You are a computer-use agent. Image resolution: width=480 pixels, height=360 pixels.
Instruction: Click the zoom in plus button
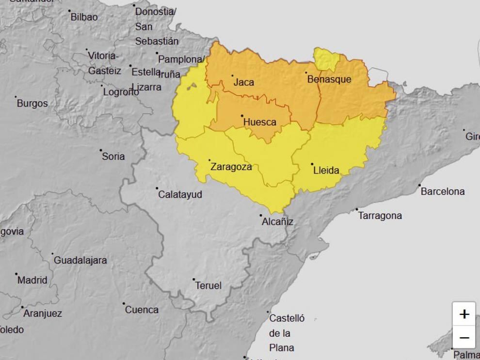pyautogui.click(x=464, y=314)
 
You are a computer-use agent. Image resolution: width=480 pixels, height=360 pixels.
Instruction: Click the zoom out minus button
pyautogui.click(x=464, y=338)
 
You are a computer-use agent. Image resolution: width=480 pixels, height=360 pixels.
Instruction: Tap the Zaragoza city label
pyautogui.click(x=231, y=167)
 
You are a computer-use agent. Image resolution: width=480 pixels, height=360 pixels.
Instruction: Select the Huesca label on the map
pyautogui.click(x=259, y=122)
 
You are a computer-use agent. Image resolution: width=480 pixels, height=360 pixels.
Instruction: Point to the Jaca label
pyautogui.click(x=243, y=82)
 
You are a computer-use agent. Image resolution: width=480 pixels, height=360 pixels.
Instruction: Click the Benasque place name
pyautogui.click(x=329, y=79)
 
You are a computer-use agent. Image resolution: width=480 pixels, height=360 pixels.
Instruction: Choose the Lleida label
pyautogui.click(x=326, y=171)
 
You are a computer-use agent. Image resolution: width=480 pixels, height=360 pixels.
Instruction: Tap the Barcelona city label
pyautogui.click(x=442, y=191)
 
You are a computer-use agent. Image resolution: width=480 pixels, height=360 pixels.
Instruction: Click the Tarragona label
pyautogui.click(x=380, y=216)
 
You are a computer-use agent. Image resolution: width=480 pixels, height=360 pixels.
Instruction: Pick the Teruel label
pyautogui.click(x=208, y=285)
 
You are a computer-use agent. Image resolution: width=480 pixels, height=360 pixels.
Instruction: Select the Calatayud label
pyautogui.click(x=180, y=194)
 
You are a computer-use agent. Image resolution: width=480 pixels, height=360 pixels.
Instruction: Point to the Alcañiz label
pyautogui.click(x=277, y=221)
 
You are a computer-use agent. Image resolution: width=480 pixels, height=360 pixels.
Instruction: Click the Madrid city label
pyautogui.click(x=32, y=280)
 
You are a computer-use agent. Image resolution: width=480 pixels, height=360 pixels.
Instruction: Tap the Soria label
pyautogui.click(x=113, y=156)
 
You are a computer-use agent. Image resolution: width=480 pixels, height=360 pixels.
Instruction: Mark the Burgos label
pyautogui.click(x=32, y=103)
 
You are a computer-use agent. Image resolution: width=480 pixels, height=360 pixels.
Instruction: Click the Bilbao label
pyautogui.click(x=84, y=17)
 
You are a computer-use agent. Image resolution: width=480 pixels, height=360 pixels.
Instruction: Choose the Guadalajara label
pyautogui.click(x=80, y=260)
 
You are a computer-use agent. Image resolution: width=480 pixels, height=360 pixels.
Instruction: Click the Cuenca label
pyautogui.click(x=142, y=310)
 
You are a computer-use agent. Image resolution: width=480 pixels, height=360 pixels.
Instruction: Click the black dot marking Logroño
pyautogui.click(x=102, y=86)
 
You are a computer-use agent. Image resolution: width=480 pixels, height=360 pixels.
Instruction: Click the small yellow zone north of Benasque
pyautogui.click(x=326, y=60)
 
